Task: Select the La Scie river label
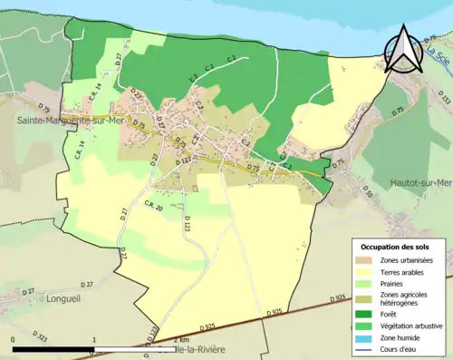(441, 57)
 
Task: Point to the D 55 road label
(367, 192)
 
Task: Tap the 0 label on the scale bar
(13, 337)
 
